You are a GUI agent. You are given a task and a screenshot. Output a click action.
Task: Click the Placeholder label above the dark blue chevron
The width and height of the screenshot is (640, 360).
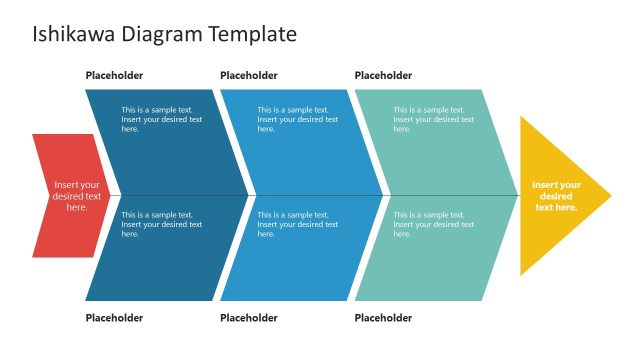(114, 75)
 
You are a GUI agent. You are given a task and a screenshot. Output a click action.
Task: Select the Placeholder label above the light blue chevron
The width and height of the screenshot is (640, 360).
(248, 75)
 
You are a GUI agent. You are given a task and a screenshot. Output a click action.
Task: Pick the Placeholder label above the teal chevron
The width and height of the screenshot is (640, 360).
(383, 75)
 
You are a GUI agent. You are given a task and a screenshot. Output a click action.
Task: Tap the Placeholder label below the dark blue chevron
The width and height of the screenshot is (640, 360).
(114, 318)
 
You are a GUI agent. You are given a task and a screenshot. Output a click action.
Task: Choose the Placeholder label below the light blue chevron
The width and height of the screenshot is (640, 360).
(248, 318)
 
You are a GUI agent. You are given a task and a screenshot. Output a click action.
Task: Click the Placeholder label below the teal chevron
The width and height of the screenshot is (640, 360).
(383, 318)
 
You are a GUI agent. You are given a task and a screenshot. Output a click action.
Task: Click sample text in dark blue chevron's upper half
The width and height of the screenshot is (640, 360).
(161, 119)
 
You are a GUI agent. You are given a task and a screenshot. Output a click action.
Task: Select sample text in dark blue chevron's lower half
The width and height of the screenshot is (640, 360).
(161, 224)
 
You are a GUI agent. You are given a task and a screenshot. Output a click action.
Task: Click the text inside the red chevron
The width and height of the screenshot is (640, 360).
(77, 196)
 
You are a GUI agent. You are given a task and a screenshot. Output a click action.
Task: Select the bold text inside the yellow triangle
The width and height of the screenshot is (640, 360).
(556, 196)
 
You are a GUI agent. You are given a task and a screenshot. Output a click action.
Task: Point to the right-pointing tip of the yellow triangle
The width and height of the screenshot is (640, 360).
(610, 196)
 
